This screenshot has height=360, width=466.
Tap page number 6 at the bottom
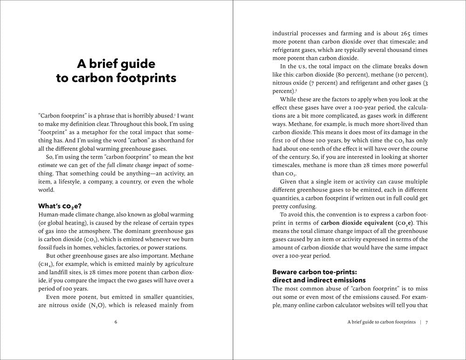point(116,322)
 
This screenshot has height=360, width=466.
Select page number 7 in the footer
point(426,322)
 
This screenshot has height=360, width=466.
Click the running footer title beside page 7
point(381,322)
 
